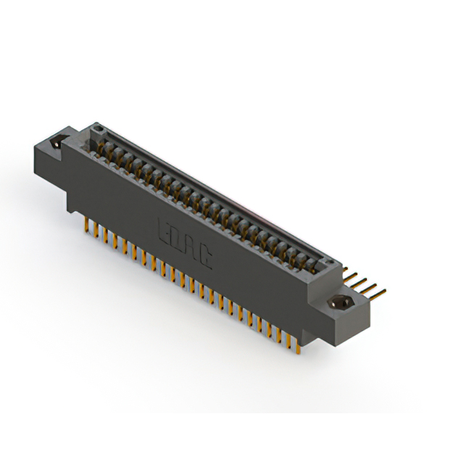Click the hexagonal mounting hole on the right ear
[339, 302]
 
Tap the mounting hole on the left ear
[55, 143]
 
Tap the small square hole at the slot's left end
[100, 133]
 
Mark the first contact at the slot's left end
[104, 149]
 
